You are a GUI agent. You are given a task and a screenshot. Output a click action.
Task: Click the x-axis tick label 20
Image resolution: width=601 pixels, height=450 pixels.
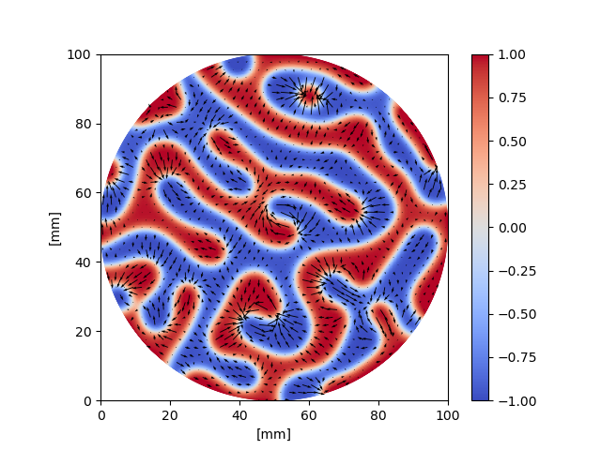[170, 414]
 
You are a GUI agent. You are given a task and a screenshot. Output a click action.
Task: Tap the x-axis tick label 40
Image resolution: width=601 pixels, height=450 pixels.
[239, 414]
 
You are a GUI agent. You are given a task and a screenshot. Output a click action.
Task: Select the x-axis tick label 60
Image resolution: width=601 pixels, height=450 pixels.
[309, 414]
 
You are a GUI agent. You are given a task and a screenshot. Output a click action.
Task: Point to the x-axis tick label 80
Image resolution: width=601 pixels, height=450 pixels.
[378, 414]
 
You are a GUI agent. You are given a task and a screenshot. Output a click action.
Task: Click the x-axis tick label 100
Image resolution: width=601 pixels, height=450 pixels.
[448, 414]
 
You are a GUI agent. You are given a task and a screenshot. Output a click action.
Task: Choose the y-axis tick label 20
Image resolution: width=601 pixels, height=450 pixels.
[85, 332]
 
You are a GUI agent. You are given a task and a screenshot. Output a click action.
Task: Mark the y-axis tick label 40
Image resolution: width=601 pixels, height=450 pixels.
[85, 262]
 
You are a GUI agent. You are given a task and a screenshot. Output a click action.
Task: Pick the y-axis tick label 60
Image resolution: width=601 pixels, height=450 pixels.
[85, 193]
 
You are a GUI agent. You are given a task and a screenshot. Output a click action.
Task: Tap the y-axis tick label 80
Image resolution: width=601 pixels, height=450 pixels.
[85, 124]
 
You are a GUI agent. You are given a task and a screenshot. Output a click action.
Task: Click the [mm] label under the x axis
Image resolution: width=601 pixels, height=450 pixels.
[274, 433]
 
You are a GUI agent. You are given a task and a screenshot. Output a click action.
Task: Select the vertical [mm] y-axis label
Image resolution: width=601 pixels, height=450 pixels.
[54, 228]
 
